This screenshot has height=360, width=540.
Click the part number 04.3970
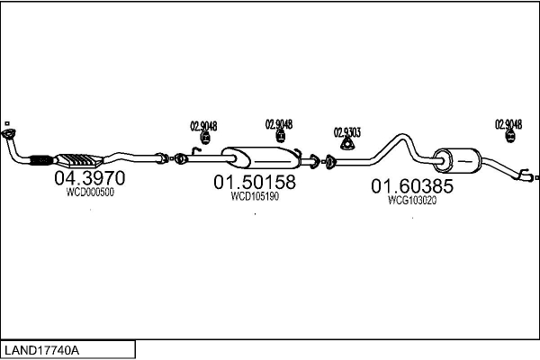click(89, 179)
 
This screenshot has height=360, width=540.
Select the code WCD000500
click(90, 192)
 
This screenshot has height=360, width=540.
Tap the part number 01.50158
click(255, 183)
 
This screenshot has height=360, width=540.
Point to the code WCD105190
click(255, 196)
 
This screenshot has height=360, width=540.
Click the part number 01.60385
click(412, 187)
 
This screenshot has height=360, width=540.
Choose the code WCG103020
click(412, 201)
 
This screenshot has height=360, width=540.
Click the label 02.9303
click(346, 131)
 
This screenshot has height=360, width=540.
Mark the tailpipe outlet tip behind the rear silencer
click(527, 177)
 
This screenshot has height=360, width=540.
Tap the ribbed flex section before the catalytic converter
click(40, 162)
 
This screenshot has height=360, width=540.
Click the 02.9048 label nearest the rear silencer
click(508, 124)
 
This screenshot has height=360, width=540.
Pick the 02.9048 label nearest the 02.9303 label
click(278, 124)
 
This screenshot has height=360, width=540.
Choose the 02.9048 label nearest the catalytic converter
click(203, 126)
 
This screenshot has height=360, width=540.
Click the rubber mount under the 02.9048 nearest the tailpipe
click(510, 138)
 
